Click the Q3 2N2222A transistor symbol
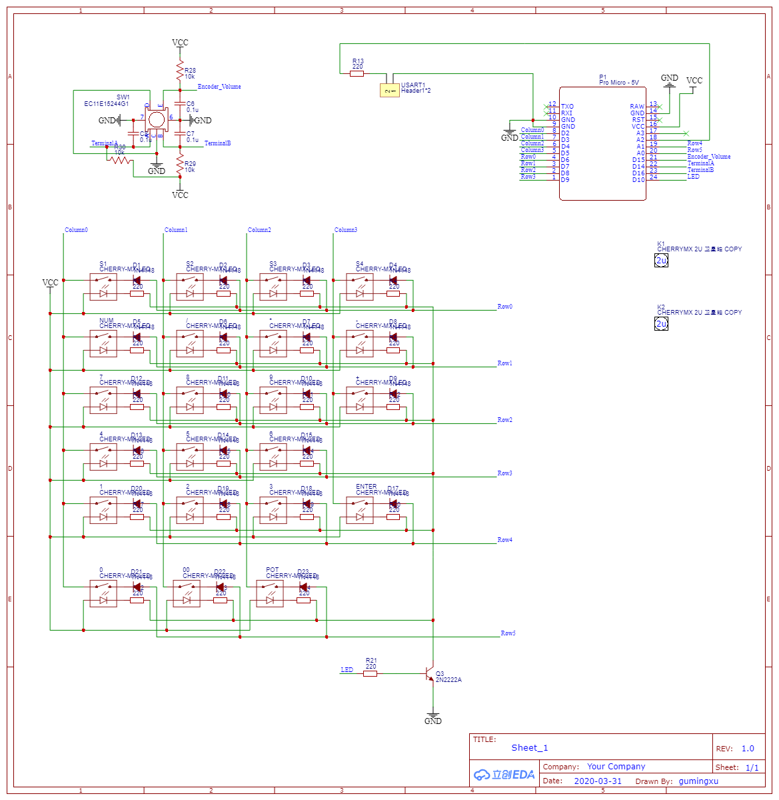(430, 674)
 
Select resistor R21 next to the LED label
(370, 673)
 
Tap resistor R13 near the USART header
(357, 73)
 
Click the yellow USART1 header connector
(389, 90)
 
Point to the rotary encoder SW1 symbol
(156, 120)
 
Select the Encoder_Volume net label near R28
(219, 87)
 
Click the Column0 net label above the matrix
(76, 230)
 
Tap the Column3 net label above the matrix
(345, 230)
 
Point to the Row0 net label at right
(504, 307)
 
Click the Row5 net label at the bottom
(508, 633)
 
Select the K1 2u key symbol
(661, 261)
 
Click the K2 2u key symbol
(661, 324)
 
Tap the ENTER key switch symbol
(360, 510)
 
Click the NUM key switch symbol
(103, 343)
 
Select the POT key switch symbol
(270, 593)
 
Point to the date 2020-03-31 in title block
(597, 781)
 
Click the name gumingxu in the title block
(698, 781)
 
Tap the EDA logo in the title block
(504, 775)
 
